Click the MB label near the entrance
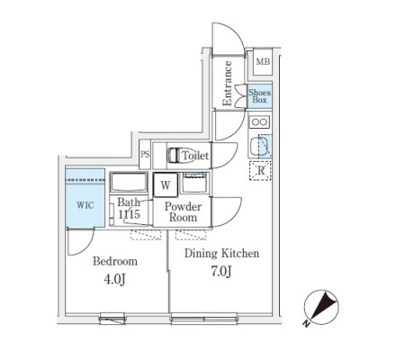point(263,62)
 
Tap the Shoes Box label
point(259,96)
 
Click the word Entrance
point(227,84)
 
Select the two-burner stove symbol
point(259,122)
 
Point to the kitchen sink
point(260,146)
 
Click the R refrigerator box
point(260,171)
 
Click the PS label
point(145,154)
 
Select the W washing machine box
point(166,185)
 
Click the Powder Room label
point(183,211)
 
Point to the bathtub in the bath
point(129,183)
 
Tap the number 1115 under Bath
point(129,214)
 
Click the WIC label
point(85,205)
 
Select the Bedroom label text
point(115,261)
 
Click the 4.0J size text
point(114,279)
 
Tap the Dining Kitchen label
point(221,253)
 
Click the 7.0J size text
point(221,271)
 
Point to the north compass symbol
point(321,307)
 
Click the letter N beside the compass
point(306,324)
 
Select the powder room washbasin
point(195,183)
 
